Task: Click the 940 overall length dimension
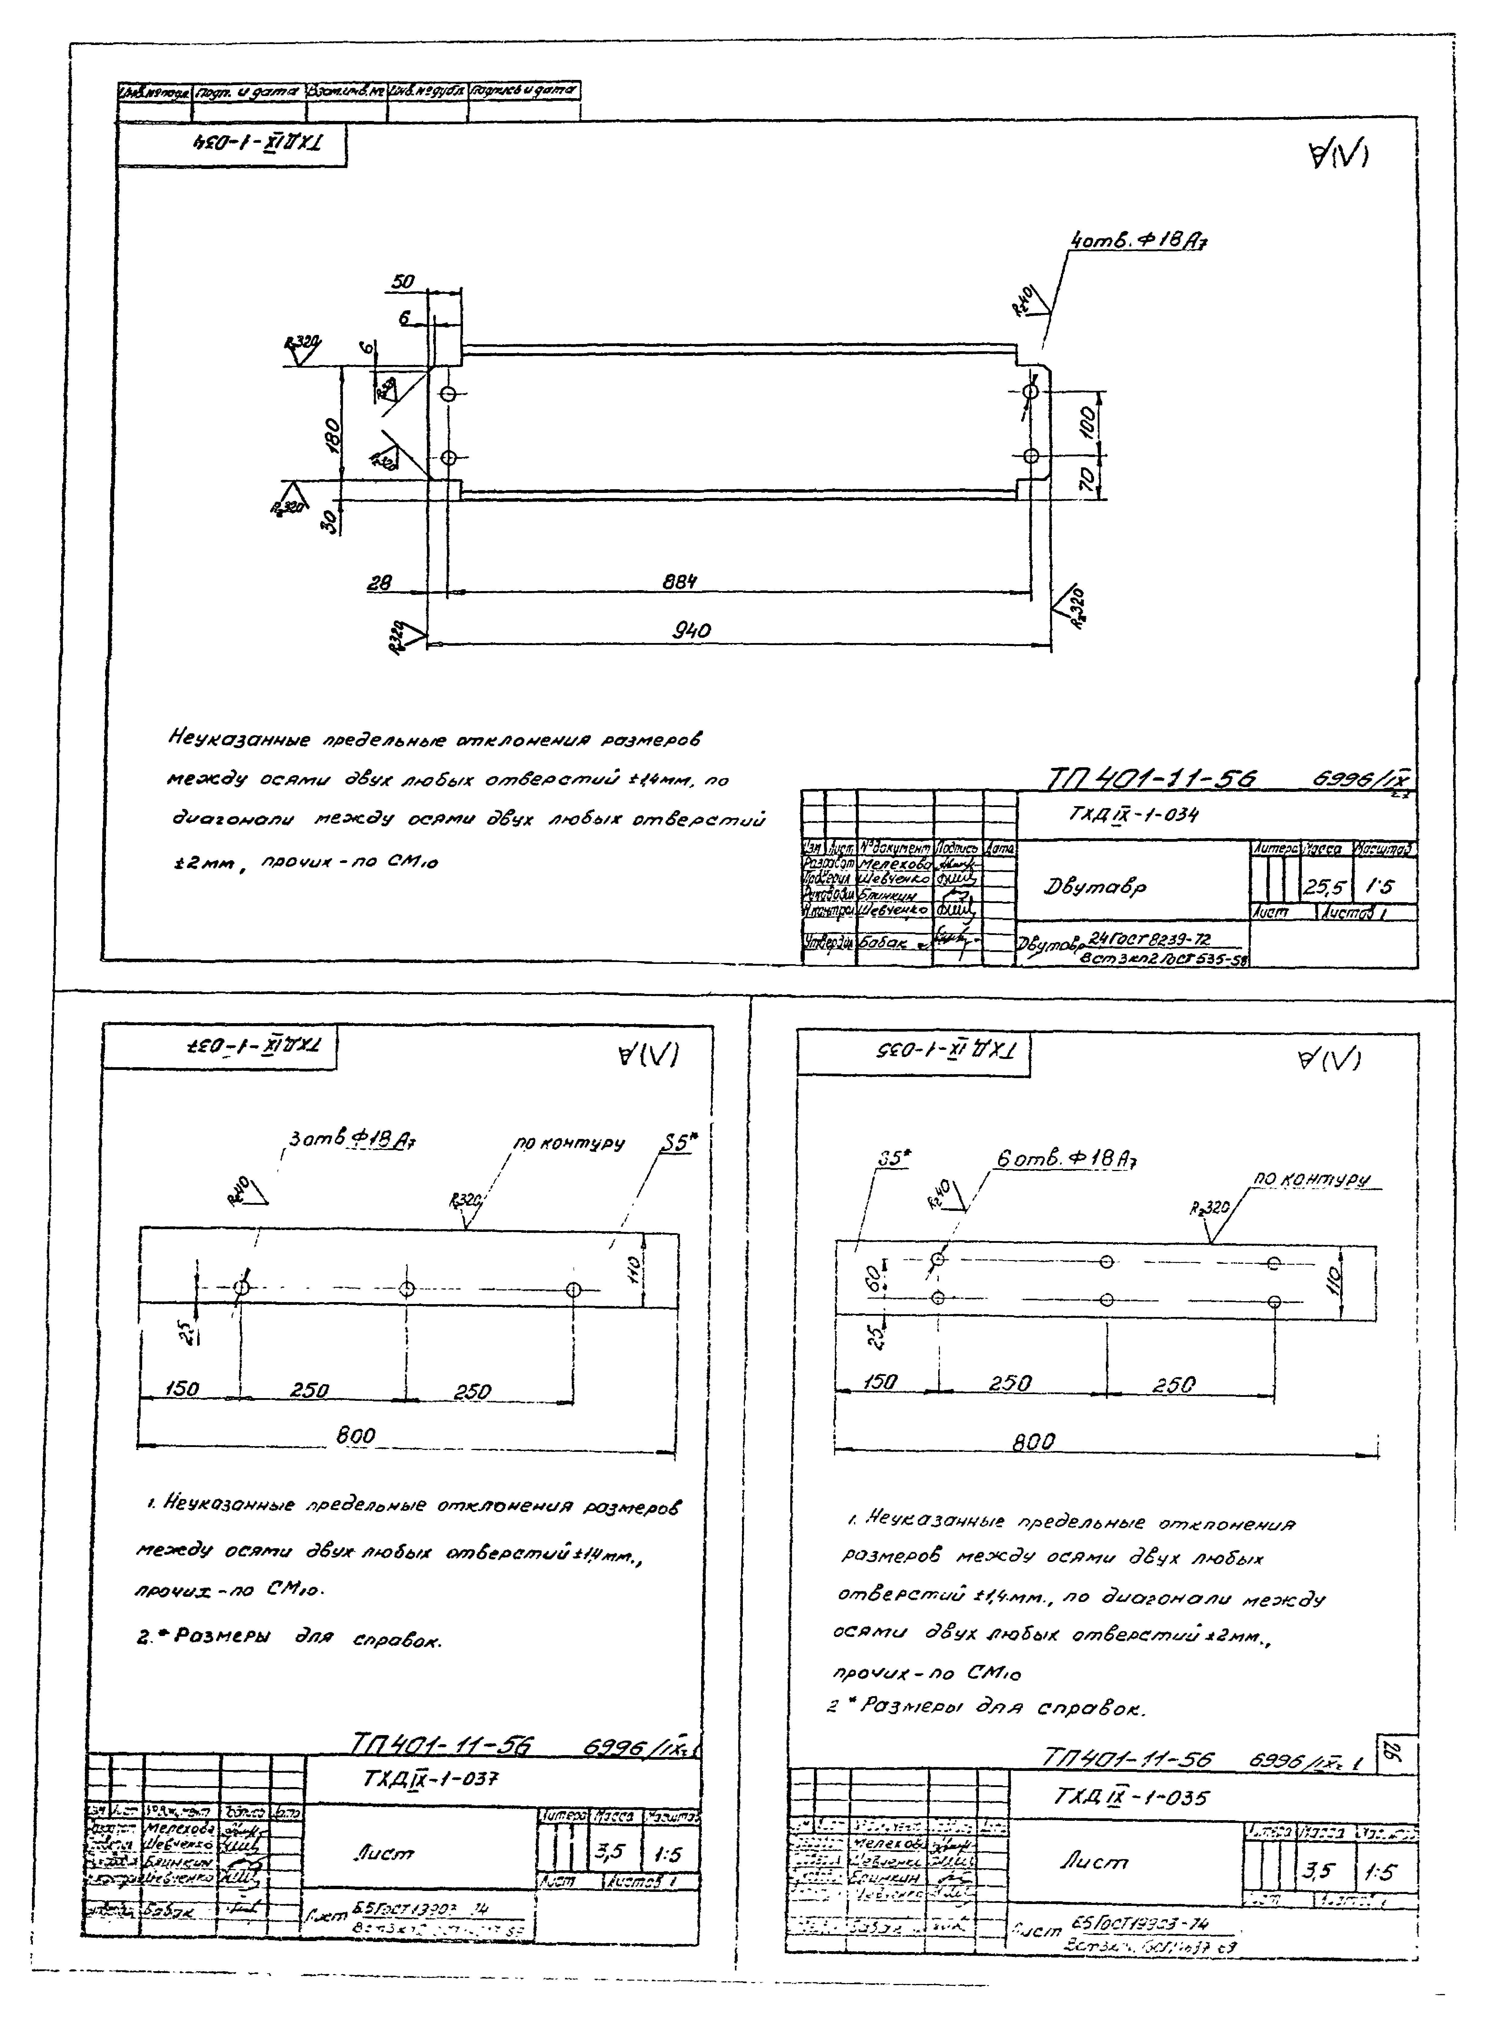pyautogui.click(x=692, y=630)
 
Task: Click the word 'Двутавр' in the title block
pyautogui.click(x=1084, y=886)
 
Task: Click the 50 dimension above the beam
pyautogui.click(x=402, y=282)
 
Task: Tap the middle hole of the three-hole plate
pyautogui.click(x=407, y=1288)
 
